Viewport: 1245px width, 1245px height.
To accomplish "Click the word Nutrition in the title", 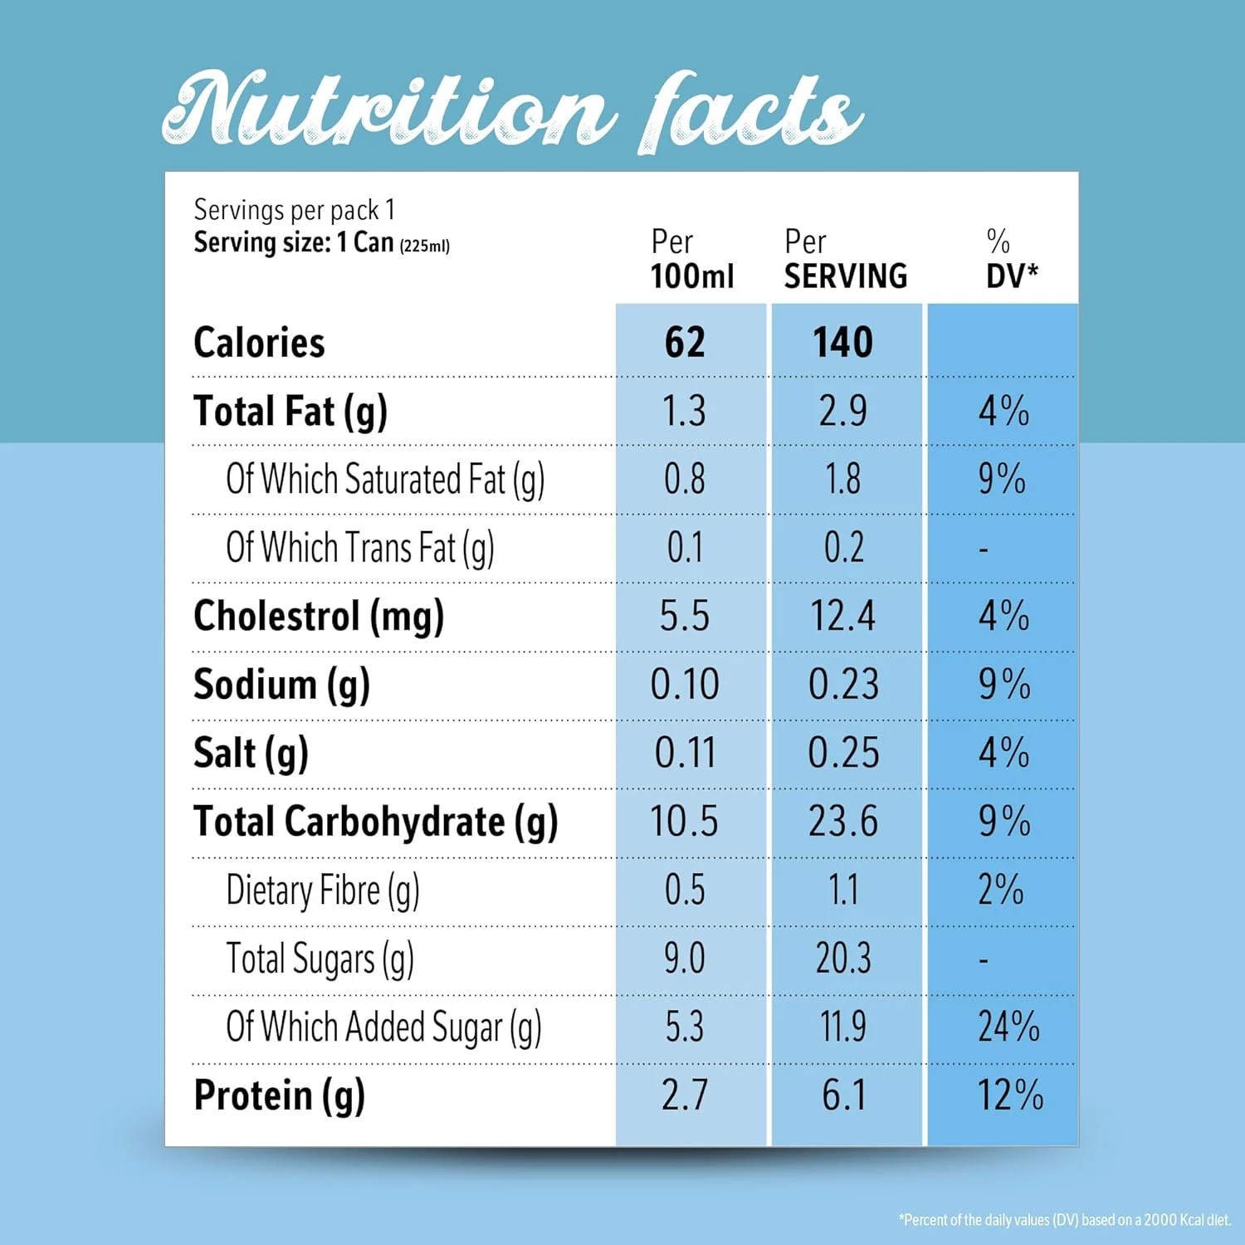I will coord(387,110).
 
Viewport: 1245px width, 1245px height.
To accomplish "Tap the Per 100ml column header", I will coord(691,259).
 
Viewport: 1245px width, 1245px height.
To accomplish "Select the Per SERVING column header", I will coord(845,259).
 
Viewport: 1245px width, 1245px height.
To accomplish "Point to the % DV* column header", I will coord(1011,259).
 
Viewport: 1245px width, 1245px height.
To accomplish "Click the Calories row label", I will coord(259,343).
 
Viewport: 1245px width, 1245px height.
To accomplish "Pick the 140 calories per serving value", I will coord(842,343).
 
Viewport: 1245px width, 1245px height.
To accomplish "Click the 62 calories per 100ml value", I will coord(685,343).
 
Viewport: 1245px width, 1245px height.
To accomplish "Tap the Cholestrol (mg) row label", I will coord(319,617).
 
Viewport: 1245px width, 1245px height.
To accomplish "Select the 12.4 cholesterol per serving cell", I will coord(842,617).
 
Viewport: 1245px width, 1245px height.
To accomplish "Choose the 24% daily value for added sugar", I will coord(1008,1027).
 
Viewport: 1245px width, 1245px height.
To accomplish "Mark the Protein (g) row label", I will coord(279,1096).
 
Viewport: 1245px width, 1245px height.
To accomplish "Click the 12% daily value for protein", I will coord(1009,1096).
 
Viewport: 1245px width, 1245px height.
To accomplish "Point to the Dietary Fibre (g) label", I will coord(323,891).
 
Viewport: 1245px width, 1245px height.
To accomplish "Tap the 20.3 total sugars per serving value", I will coord(843,959).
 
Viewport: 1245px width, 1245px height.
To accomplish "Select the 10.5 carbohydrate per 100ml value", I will coord(684,822).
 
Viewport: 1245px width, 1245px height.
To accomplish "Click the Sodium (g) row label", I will coord(281,686).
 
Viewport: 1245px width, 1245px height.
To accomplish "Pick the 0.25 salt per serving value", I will coord(843,754).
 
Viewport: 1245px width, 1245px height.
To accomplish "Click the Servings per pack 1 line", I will coord(294,210).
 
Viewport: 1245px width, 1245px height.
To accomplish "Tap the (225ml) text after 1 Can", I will coord(424,246).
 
